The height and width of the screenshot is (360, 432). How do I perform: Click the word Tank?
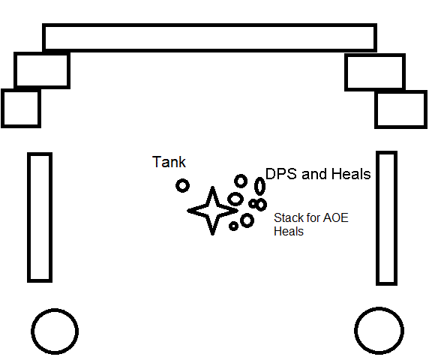(169, 162)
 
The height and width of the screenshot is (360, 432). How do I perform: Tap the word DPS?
(281, 174)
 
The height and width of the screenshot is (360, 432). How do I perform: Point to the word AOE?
(336, 217)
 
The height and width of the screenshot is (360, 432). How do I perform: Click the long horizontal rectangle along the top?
(209, 25)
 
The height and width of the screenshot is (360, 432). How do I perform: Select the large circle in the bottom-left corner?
(55, 310)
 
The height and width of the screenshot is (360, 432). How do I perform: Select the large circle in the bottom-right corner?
(379, 308)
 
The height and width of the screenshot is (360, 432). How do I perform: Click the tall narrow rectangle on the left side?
(28, 217)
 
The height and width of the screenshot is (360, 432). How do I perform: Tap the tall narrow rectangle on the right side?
(378, 218)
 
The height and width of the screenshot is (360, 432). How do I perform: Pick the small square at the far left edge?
(2, 108)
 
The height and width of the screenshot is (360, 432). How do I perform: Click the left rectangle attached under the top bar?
(16, 70)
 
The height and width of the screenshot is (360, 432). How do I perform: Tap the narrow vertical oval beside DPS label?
(259, 178)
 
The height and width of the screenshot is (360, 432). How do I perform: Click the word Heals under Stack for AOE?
(289, 231)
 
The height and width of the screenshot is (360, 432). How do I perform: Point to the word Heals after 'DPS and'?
(351, 174)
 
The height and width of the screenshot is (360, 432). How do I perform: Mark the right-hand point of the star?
(238, 211)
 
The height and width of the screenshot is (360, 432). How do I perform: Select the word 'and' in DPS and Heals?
(314, 174)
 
